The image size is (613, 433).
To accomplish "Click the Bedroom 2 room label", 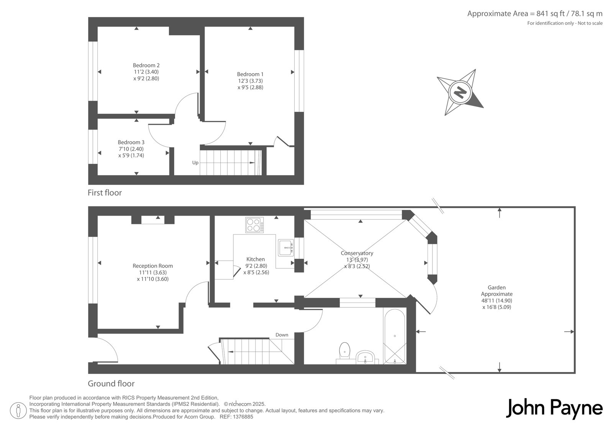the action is pyautogui.click(x=146, y=65).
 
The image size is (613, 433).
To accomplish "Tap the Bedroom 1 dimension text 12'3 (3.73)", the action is pyautogui.click(x=250, y=81).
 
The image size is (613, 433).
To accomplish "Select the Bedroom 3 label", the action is pyautogui.click(x=131, y=142).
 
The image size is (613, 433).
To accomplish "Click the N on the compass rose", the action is pyautogui.click(x=460, y=92).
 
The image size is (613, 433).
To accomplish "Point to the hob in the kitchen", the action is pyautogui.click(x=254, y=225).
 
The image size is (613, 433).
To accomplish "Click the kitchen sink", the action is pyautogui.click(x=286, y=248).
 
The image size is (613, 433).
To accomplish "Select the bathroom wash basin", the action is pyautogui.click(x=366, y=357).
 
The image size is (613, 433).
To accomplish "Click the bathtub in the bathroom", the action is pyautogui.click(x=395, y=337).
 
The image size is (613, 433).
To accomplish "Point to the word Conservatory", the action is pyautogui.click(x=357, y=253).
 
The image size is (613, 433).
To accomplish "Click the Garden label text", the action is pyautogui.click(x=497, y=288).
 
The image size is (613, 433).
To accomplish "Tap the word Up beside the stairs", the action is pyautogui.click(x=195, y=163).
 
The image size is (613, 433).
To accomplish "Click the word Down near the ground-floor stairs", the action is pyautogui.click(x=282, y=335).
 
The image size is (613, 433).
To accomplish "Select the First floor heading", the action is pyautogui.click(x=105, y=193).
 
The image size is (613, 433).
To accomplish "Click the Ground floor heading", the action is pyautogui.click(x=111, y=384).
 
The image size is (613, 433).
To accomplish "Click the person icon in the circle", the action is pyautogui.click(x=18, y=410).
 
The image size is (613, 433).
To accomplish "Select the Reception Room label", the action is pyautogui.click(x=153, y=266).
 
